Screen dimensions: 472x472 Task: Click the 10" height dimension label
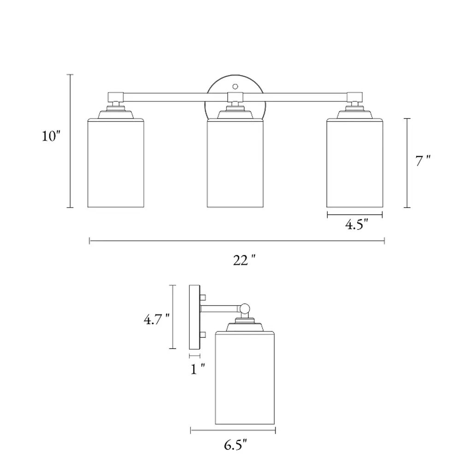(x=51, y=136)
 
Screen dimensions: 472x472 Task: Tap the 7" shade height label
(x=423, y=160)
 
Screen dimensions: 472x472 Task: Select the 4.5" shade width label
(x=357, y=224)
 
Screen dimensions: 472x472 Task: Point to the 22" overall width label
(x=244, y=260)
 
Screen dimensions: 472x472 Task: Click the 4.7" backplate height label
(x=157, y=319)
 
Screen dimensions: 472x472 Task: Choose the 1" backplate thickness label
(x=198, y=369)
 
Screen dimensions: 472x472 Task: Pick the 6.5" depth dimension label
(x=236, y=445)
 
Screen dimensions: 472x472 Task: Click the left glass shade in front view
(x=116, y=163)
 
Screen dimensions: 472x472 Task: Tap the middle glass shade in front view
(x=235, y=163)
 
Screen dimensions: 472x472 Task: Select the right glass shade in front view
(x=354, y=163)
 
